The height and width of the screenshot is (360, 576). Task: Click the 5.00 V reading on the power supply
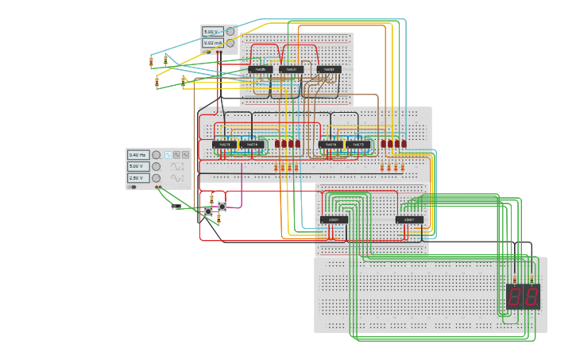point(211,32)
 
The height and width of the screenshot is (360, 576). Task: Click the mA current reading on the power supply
point(211,43)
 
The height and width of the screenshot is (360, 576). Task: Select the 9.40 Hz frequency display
point(138,155)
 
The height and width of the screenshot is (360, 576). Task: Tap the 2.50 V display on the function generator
point(138,178)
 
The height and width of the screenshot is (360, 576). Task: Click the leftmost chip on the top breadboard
point(261,70)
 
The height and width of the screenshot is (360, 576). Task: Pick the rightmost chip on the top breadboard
point(329,70)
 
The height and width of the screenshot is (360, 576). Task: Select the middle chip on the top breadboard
point(292,70)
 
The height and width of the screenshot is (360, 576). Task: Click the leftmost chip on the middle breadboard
point(223,145)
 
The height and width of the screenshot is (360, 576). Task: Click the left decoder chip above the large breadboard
point(334,219)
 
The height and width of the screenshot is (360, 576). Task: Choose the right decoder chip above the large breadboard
point(409,219)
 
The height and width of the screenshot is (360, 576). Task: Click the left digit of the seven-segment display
point(516,297)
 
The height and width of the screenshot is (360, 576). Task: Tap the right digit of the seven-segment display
point(531,297)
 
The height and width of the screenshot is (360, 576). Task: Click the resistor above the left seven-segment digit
point(515,278)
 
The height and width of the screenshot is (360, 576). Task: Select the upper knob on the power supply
point(230,32)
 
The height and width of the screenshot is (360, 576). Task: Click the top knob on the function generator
point(157,155)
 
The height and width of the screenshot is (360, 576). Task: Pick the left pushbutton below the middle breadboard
point(208,211)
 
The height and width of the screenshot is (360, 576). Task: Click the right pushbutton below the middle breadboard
point(222,207)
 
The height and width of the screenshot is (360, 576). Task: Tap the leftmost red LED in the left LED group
point(277,145)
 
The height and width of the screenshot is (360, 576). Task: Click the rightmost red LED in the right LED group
point(404,145)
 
